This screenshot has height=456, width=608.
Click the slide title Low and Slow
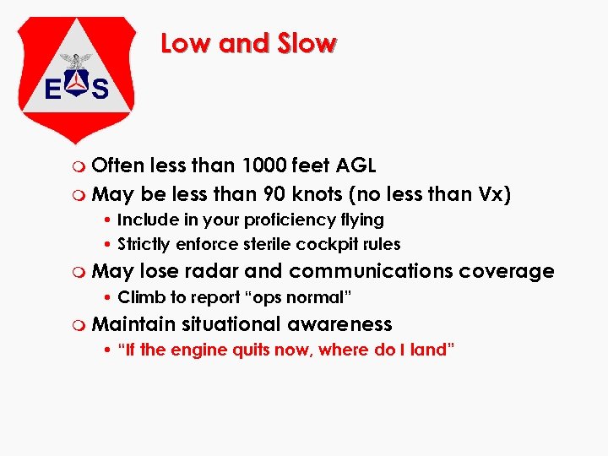[249, 43]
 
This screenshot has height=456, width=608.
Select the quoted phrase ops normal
[296, 297]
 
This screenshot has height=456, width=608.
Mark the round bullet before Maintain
[80, 325]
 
